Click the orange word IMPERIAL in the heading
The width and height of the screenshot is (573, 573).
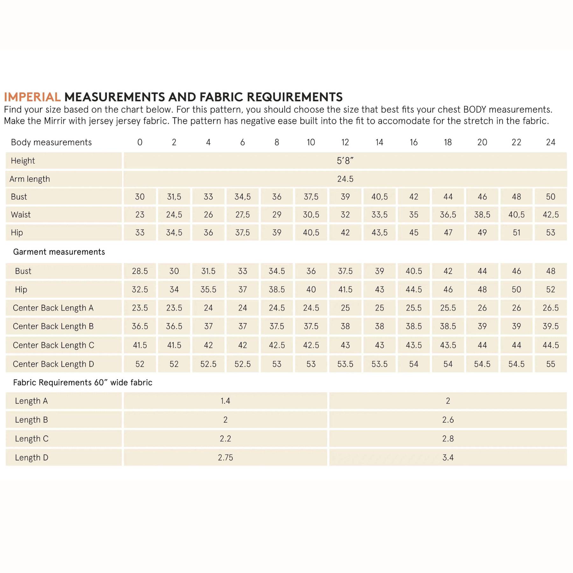click(32, 97)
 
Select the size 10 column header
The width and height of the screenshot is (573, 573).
click(311, 142)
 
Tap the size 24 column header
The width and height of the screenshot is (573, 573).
click(550, 142)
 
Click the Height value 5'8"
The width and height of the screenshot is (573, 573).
click(345, 161)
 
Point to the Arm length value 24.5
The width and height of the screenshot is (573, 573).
click(345, 179)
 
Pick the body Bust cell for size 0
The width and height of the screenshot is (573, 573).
click(140, 197)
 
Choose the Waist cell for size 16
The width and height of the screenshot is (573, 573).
click(414, 215)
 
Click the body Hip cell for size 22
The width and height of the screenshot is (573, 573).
click(516, 233)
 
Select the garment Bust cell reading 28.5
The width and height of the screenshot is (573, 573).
click(140, 271)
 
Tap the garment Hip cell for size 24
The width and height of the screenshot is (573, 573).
click(550, 289)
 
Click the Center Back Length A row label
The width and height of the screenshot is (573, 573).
click(53, 308)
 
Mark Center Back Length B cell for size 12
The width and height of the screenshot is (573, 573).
click(345, 326)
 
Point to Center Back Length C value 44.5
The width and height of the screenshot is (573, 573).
click(550, 345)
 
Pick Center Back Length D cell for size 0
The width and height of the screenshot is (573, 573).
click(140, 364)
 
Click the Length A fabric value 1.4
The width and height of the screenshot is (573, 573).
click(225, 401)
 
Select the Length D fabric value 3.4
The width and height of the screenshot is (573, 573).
click(448, 457)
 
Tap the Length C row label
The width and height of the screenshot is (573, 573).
click(32, 439)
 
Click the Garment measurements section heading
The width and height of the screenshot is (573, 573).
click(59, 252)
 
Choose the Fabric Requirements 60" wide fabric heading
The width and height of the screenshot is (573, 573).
click(82, 382)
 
